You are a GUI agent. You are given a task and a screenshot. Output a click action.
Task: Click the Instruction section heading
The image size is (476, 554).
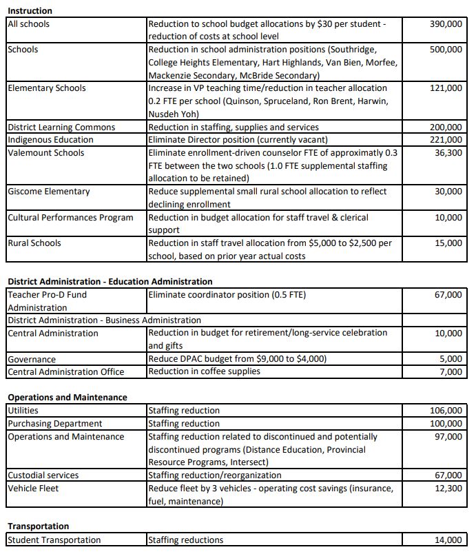[30, 11]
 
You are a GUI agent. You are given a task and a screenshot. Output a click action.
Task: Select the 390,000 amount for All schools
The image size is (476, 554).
[446, 24]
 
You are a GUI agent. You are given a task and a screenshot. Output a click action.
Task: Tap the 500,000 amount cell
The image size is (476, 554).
[446, 50]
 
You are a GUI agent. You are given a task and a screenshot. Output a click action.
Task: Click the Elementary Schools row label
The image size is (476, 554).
[47, 88]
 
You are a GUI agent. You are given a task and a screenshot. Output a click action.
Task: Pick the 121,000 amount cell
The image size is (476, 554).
[446, 88]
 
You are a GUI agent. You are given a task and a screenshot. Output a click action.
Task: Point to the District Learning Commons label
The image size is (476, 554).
[61, 127]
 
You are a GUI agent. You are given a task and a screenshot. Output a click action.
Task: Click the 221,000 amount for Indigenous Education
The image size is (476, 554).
[446, 140]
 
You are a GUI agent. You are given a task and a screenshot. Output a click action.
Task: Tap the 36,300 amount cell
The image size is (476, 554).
[448, 152]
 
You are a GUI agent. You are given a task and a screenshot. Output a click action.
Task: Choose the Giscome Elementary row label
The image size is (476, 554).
[48, 192]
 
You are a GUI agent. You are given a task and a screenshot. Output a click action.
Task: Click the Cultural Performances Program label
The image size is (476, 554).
[70, 218]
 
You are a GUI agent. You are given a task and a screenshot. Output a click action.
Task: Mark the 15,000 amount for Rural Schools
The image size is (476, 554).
[448, 243]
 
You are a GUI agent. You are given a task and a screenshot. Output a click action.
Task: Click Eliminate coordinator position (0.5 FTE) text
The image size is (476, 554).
[227, 295]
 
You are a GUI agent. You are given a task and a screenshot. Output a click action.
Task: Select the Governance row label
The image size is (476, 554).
[32, 359]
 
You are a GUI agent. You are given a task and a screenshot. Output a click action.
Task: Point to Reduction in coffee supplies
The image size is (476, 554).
[205, 372]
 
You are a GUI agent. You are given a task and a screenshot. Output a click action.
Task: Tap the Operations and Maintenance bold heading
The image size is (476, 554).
[68, 398]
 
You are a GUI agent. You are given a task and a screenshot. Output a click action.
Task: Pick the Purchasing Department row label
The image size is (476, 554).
[54, 424]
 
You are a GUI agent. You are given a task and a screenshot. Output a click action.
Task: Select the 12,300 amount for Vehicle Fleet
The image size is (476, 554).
[448, 489]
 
